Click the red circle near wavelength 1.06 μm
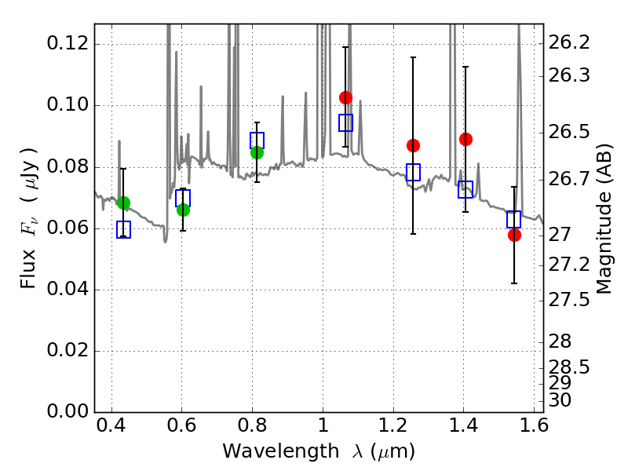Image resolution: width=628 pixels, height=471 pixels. pyautogui.click(x=345, y=97)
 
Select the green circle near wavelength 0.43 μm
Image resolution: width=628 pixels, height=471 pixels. pyautogui.click(x=123, y=203)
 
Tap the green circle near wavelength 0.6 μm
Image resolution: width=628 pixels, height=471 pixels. pyautogui.click(x=183, y=210)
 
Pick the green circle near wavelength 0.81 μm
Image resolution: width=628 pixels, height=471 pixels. pyautogui.click(x=257, y=152)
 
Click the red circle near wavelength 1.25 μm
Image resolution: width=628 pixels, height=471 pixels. pyautogui.click(x=414, y=145)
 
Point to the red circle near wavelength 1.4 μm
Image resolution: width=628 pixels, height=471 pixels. pyautogui.click(x=466, y=140)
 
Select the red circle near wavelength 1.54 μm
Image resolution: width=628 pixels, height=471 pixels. pyautogui.click(x=514, y=235)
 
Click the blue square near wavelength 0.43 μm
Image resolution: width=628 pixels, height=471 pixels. pyautogui.click(x=123, y=229)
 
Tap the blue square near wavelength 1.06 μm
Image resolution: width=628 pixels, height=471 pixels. pyautogui.click(x=345, y=122)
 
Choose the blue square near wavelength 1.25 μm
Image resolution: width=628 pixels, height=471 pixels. pyautogui.click(x=414, y=172)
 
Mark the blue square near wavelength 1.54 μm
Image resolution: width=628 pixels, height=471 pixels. pyautogui.click(x=513, y=220)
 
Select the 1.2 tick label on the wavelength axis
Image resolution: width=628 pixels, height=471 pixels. pyautogui.click(x=393, y=425)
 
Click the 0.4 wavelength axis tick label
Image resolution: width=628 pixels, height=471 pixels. pyautogui.click(x=111, y=425)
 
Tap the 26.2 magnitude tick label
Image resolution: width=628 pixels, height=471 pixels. pyautogui.click(x=568, y=42)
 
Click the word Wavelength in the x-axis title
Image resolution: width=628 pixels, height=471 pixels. pyautogui.click(x=281, y=451)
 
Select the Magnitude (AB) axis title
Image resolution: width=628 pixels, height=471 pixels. pyautogui.click(x=604, y=219)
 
